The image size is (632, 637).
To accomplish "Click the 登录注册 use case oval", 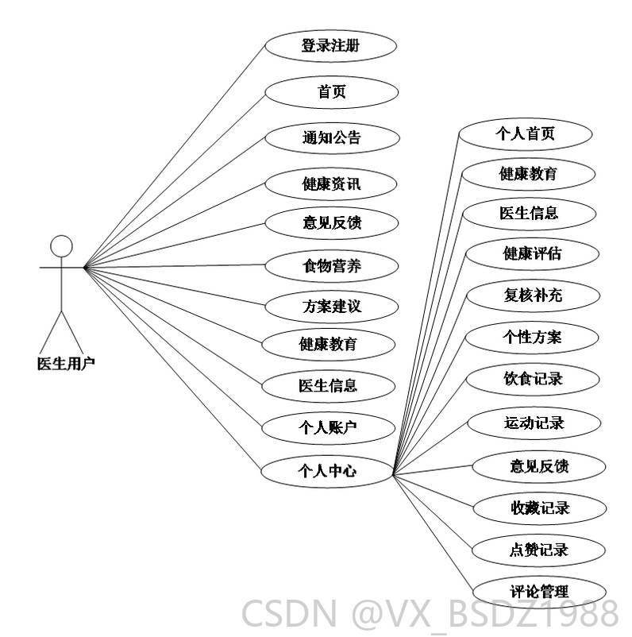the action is [x=330, y=45].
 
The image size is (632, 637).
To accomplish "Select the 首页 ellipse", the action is [x=331, y=92].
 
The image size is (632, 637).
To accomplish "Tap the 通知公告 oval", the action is [x=332, y=138].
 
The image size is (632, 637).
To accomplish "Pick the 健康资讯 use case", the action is [x=330, y=184].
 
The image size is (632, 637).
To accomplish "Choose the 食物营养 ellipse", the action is [x=331, y=266].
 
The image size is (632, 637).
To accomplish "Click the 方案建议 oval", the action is [x=331, y=307].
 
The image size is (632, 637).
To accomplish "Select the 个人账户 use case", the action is [x=328, y=428].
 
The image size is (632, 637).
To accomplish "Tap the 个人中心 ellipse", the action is [x=327, y=471].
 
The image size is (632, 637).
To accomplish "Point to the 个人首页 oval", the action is [x=525, y=133].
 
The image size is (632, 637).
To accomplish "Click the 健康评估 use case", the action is [x=532, y=254].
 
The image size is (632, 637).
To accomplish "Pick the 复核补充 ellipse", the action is [x=533, y=295].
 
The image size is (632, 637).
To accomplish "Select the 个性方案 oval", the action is [x=532, y=338].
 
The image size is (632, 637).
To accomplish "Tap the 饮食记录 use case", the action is [x=533, y=379].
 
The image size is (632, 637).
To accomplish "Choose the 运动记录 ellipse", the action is [x=534, y=423].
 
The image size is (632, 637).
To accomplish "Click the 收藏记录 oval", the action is [x=540, y=508].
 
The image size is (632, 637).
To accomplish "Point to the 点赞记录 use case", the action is [x=538, y=550].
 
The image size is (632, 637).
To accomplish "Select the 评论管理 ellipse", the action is [x=539, y=592].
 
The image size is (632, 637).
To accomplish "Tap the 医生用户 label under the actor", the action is [x=66, y=364].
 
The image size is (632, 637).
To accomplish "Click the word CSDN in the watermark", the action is [x=289, y=614].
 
